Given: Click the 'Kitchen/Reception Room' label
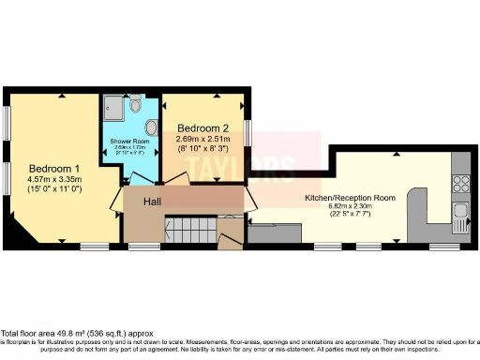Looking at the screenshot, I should [x=351, y=199].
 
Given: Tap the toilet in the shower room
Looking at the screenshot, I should [x=138, y=105].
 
